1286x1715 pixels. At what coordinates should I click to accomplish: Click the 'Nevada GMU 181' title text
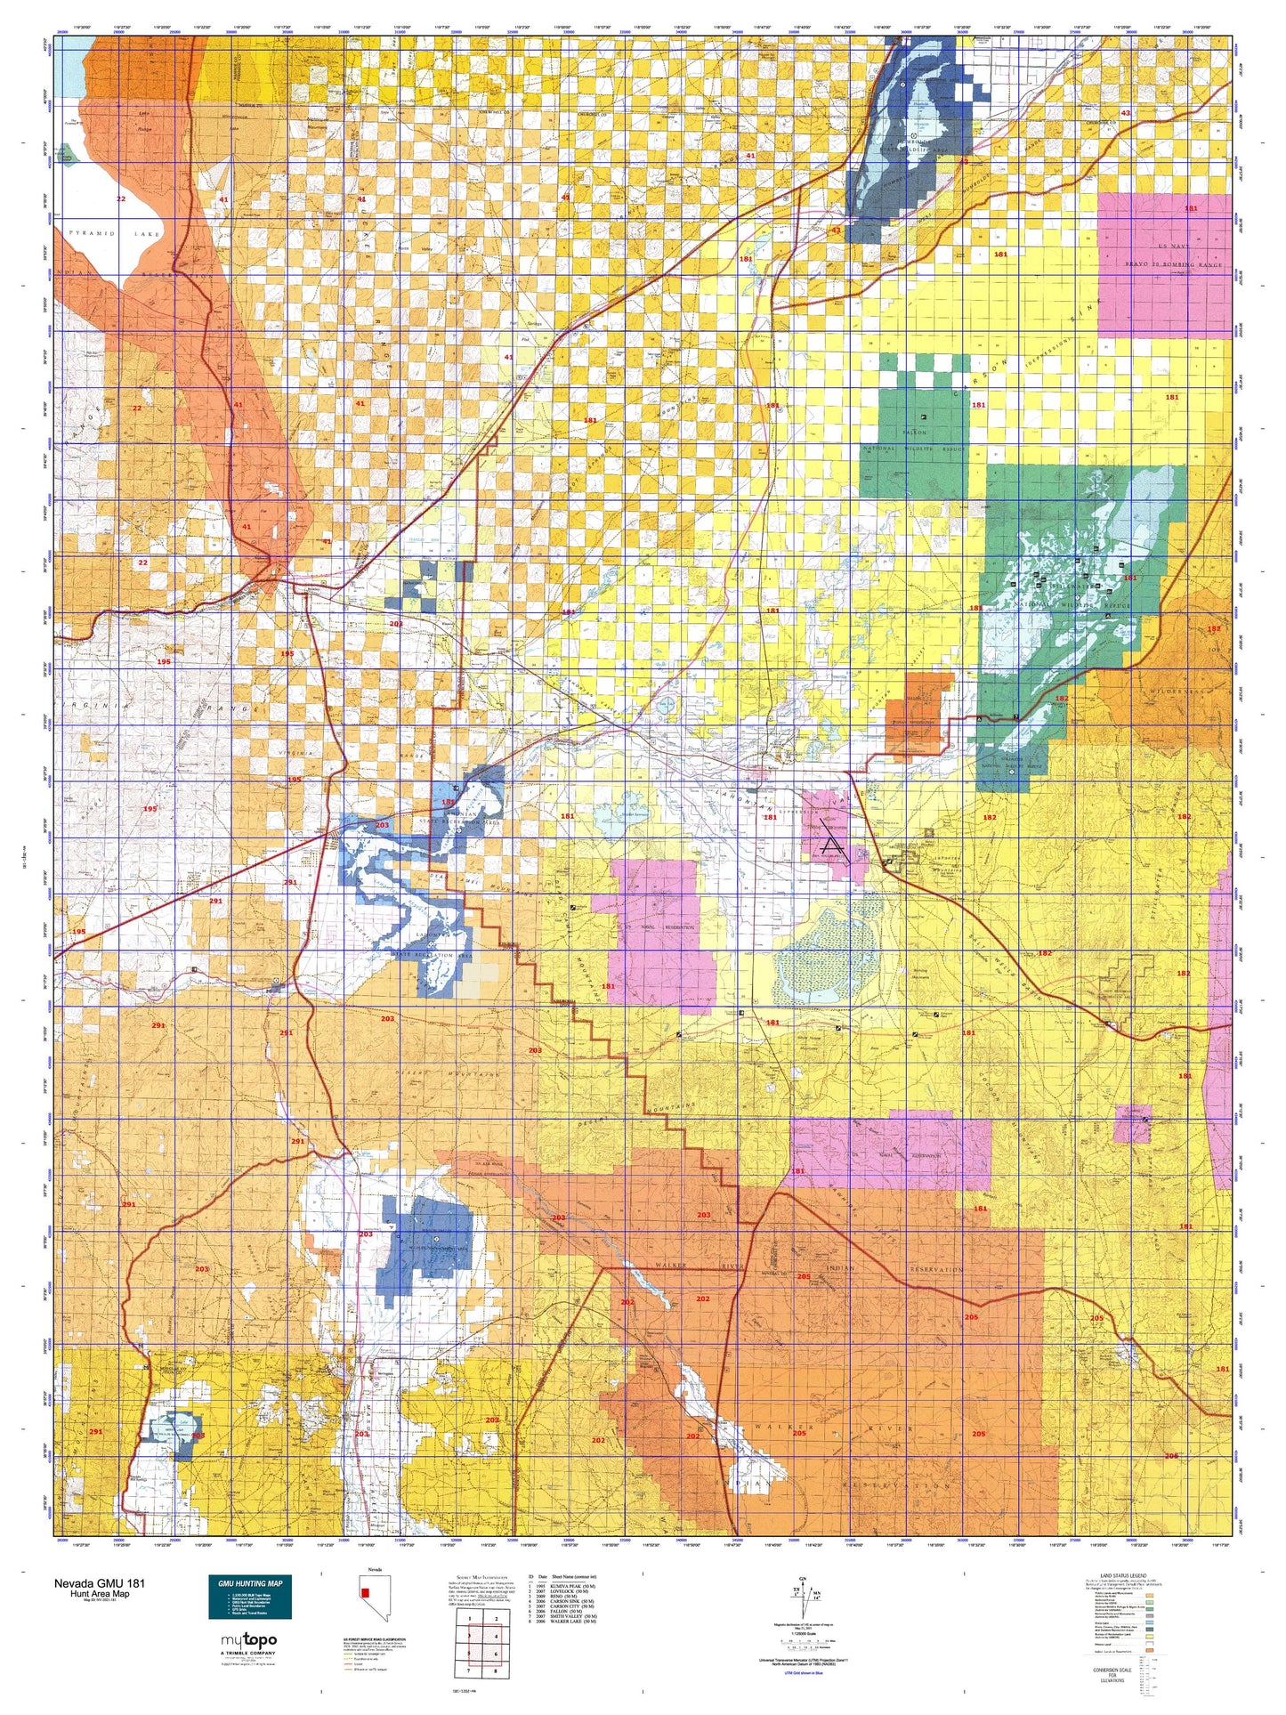point(99,1583)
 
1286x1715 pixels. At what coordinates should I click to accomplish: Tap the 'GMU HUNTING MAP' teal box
point(249,1597)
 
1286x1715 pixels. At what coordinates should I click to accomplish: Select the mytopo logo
point(248,1640)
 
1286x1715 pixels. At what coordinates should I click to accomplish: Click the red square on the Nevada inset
point(364,1591)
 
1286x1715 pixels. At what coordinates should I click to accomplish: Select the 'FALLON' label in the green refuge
point(914,433)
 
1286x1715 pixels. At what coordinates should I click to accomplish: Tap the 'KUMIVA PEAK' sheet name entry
point(573,1586)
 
